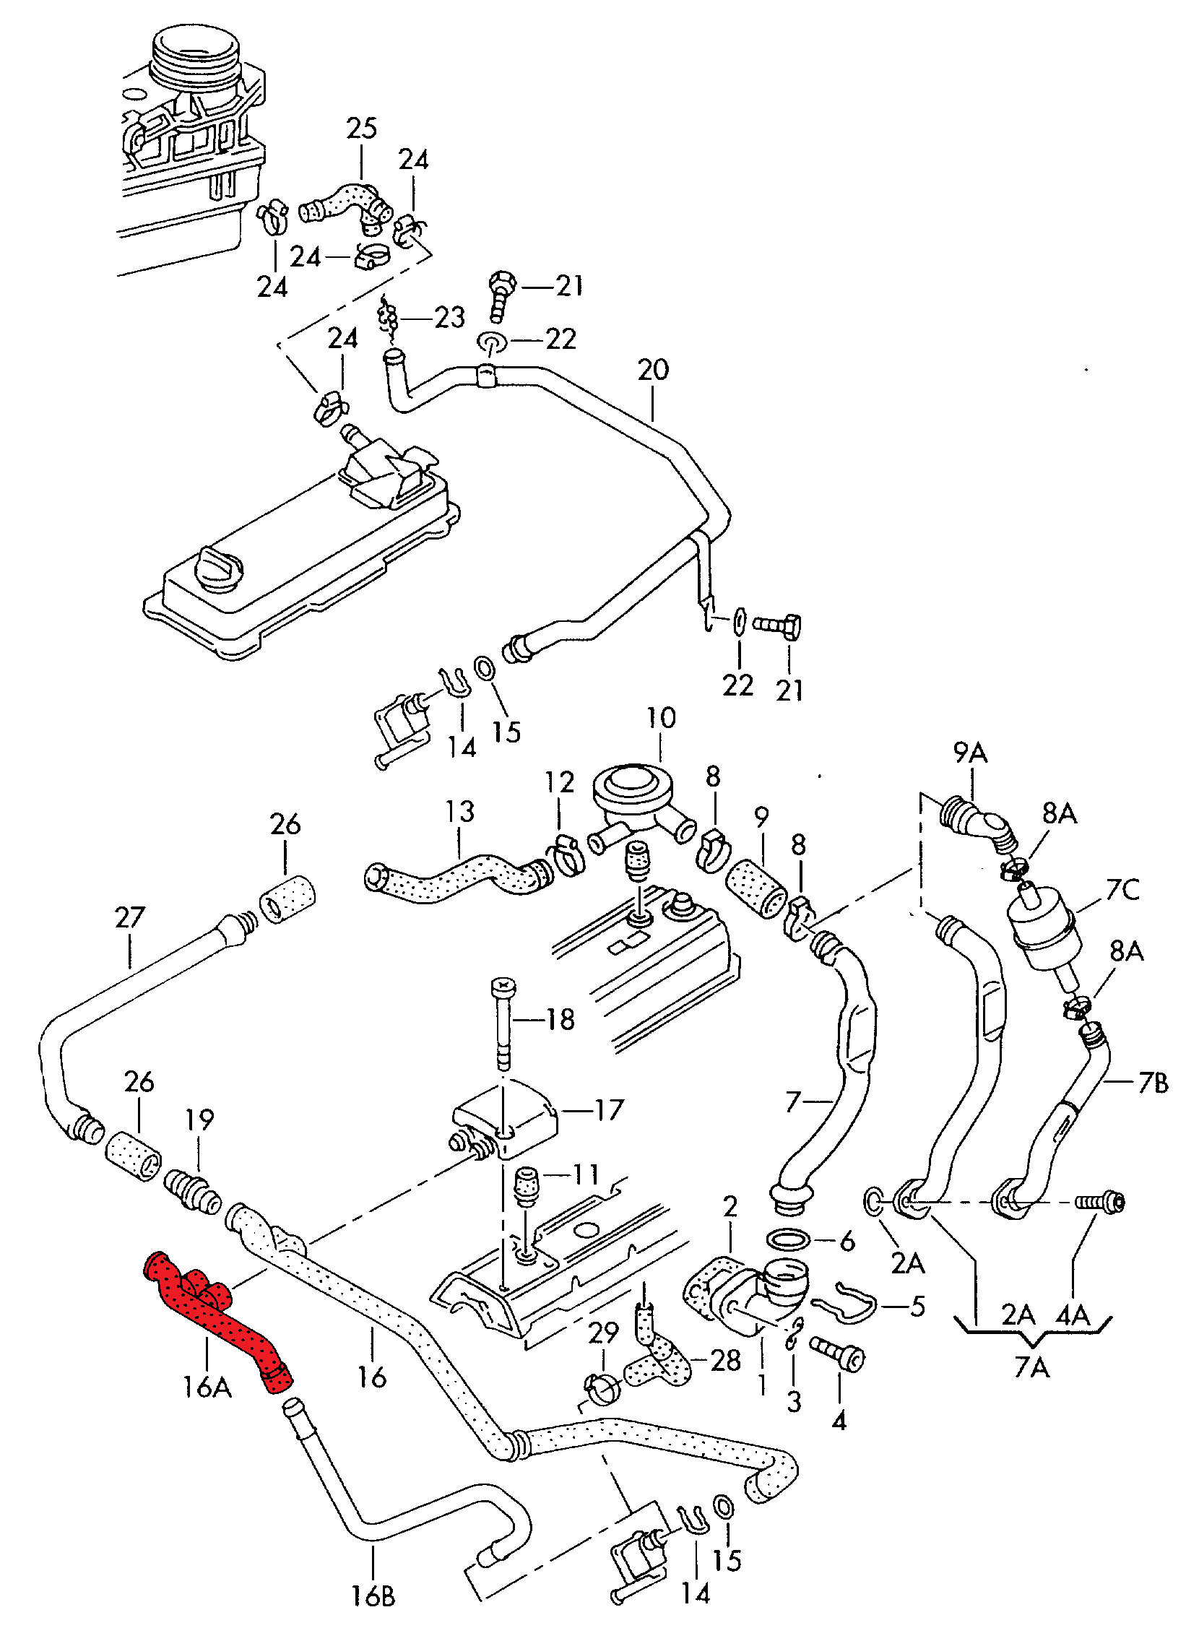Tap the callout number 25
click(x=361, y=129)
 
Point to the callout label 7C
click(x=1122, y=889)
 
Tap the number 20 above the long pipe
click(x=653, y=370)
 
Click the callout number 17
click(x=610, y=1109)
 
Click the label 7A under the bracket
click(x=1031, y=1367)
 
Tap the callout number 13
click(x=460, y=811)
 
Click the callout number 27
click(x=130, y=917)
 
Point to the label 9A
click(x=970, y=753)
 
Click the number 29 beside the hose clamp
click(x=604, y=1332)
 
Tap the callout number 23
click(x=449, y=317)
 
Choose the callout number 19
click(x=200, y=1120)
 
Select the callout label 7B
click(x=1153, y=1083)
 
